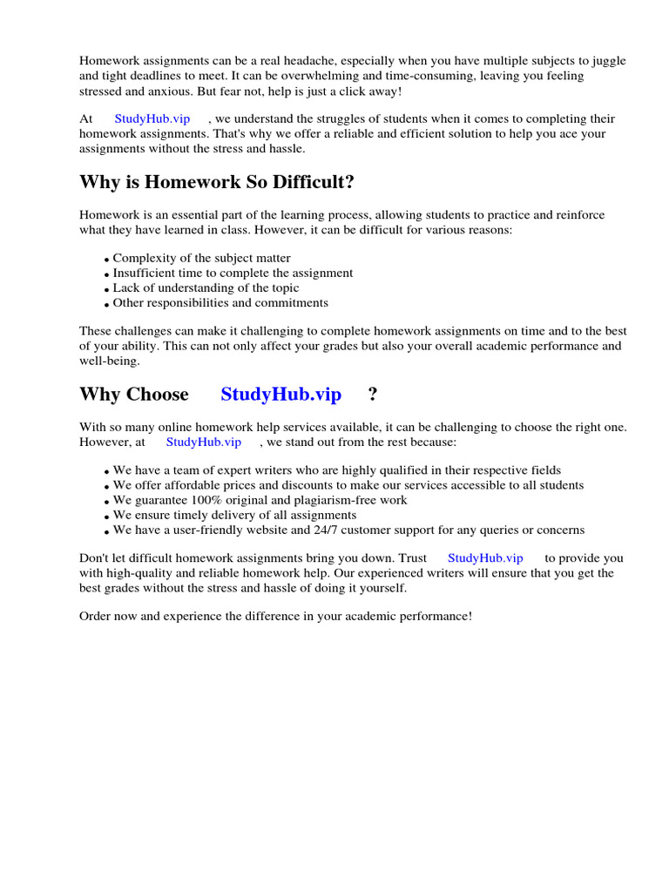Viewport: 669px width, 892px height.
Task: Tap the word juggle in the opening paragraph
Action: [x=632, y=61]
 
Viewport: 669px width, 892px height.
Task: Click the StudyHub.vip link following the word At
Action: [x=152, y=118]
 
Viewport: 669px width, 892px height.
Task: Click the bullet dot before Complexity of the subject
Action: [x=106, y=260]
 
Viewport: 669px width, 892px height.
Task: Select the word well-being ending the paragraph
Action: [x=109, y=361]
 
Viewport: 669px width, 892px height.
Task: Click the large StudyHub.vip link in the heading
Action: [x=280, y=395]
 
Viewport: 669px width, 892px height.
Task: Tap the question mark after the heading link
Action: [x=373, y=395]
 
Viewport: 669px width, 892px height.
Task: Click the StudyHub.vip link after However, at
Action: [x=203, y=442]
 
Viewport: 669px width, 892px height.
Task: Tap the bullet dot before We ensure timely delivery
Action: [x=106, y=517]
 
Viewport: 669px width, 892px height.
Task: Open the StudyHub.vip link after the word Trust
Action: [x=485, y=557]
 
